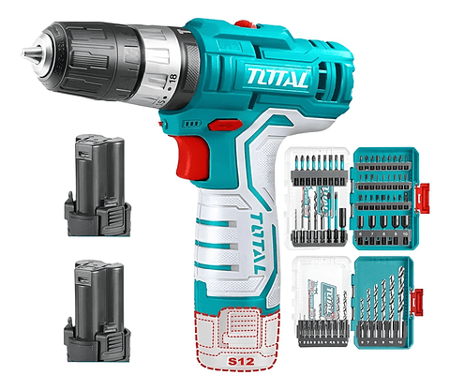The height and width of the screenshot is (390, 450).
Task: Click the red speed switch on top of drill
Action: point(245,25)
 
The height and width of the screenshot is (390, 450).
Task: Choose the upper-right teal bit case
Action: point(386,197)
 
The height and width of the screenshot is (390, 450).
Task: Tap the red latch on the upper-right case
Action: point(432,197)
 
